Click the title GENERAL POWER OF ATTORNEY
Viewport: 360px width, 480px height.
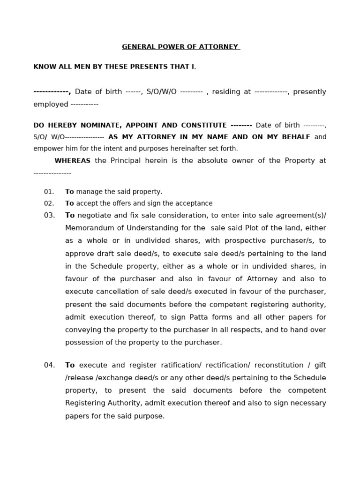pos(181,47)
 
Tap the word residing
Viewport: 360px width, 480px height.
pos(227,92)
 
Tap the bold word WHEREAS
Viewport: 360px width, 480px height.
pos(72,161)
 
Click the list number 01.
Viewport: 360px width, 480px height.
pos(49,192)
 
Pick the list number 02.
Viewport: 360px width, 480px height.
pos(49,203)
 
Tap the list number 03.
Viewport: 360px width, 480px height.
pos(49,216)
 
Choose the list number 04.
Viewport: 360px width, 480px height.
pos(49,365)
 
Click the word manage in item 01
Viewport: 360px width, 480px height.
pos(88,192)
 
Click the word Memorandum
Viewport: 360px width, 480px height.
pos(88,228)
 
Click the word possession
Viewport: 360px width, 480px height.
pos(84,342)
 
